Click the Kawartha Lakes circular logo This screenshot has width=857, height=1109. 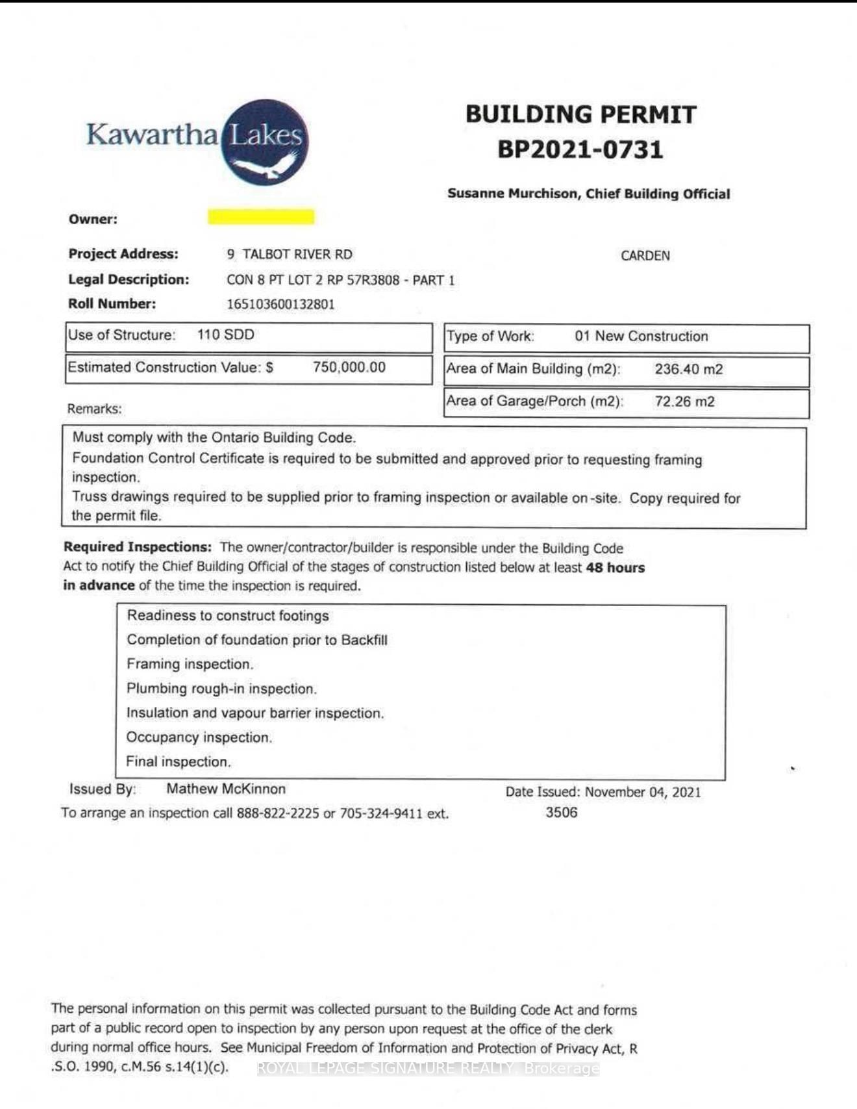(264, 142)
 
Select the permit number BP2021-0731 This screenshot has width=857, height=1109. (580, 150)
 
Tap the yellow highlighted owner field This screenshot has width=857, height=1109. (261, 217)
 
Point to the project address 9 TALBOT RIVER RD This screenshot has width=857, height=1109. (290, 254)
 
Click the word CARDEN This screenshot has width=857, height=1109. (645, 255)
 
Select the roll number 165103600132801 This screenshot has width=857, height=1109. (280, 304)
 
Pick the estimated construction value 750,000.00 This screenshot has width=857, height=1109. (349, 367)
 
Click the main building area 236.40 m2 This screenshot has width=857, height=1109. (688, 369)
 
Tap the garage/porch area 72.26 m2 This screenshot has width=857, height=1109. (684, 402)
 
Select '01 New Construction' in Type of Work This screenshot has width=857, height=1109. (641, 337)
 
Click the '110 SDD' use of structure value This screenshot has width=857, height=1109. (226, 335)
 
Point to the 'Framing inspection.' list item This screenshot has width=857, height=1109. (190, 664)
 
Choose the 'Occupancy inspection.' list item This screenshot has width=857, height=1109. (199, 737)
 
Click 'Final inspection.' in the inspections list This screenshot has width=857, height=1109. (179, 761)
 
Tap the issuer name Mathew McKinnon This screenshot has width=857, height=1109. (226, 789)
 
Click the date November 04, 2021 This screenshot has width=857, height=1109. (643, 792)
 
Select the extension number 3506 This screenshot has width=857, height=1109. (562, 812)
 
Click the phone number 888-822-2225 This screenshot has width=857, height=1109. (278, 813)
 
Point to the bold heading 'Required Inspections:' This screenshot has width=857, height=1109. (138, 547)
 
